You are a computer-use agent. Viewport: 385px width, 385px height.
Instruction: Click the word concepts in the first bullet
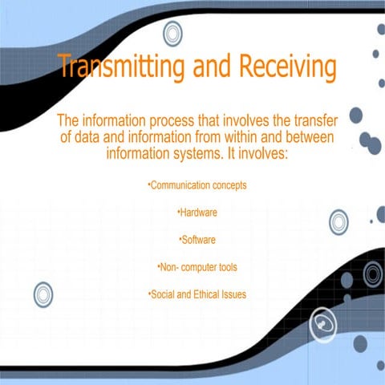(x=228, y=185)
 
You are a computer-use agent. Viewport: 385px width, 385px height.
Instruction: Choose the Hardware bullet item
(x=198, y=213)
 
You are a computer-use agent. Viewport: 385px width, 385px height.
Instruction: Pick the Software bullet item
(x=198, y=240)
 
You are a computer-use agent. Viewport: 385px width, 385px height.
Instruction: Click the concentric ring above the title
(x=172, y=34)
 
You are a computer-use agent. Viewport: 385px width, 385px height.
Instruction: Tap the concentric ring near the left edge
(x=43, y=294)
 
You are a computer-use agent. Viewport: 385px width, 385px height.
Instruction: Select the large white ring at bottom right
(x=322, y=323)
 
